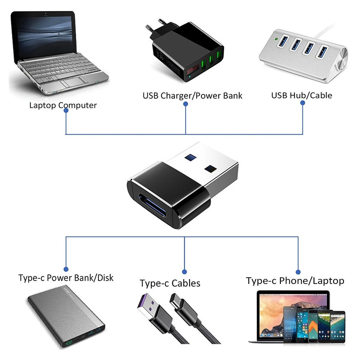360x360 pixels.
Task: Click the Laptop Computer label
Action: click(63, 105)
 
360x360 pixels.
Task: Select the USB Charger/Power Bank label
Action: click(192, 96)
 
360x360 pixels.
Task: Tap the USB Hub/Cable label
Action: click(301, 95)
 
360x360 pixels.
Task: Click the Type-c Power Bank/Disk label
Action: click(66, 278)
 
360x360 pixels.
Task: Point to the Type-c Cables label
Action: click(170, 283)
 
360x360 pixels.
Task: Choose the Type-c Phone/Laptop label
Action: click(295, 281)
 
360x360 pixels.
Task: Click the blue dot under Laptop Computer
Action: click(66, 111)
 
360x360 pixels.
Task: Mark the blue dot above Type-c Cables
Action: click(184, 272)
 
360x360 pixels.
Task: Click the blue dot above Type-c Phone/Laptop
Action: click(298, 272)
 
